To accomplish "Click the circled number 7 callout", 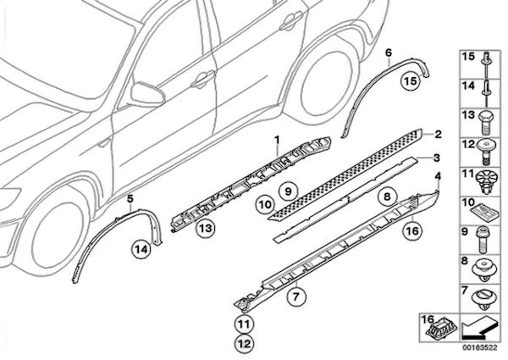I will click(x=295, y=296).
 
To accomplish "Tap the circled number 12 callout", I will click(x=244, y=343).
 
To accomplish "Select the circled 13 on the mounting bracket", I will click(x=206, y=228).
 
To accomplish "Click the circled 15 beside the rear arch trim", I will click(x=410, y=82).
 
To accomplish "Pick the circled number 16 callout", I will click(x=411, y=229).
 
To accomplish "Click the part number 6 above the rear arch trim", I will click(x=388, y=53).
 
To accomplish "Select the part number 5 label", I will click(x=130, y=199).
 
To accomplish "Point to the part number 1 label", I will click(x=275, y=138).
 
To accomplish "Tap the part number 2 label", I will click(x=438, y=134).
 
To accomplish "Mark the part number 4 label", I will click(x=438, y=177).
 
